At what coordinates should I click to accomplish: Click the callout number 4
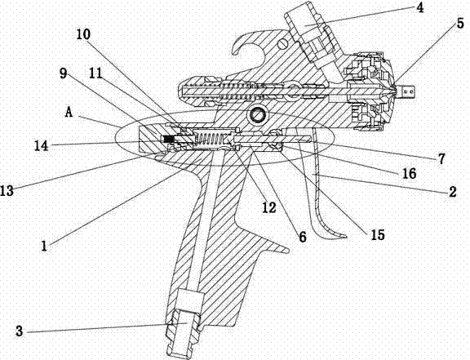point(420,7)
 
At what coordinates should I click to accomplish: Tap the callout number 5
point(460,24)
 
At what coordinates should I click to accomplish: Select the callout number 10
point(83,34)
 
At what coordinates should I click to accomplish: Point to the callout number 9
point(63,73)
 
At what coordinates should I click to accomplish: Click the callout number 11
point(96,73)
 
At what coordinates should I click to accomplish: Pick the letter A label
point(69,113)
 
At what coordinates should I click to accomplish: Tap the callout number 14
point(42,146)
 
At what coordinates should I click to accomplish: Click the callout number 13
point(7,190)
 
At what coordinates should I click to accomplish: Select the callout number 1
point(44,246)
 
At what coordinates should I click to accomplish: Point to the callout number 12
point(269,207)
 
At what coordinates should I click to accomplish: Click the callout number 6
point(303,237)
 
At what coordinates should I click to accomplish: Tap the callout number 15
point(378,234)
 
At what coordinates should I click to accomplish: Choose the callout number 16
point(410,173)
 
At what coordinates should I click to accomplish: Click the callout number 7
point(441,159)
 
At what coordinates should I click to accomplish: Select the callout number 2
point(452,191)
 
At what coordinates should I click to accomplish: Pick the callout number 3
point(20,331)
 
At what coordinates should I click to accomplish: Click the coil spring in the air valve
point(209,140)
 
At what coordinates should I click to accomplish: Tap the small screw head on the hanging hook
point(283,44)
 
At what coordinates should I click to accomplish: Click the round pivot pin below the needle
point(257,114)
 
